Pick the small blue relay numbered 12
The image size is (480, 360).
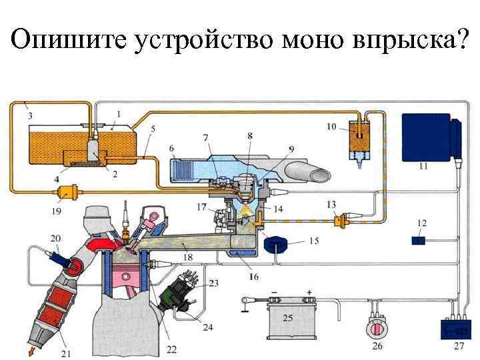[x=418, y=239]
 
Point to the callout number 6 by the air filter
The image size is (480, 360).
[x=172, y=148]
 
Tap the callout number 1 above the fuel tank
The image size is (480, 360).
[x=119, y=113]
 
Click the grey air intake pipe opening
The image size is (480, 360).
[x=319, y=175]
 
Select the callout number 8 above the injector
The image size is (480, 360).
[x=250, y=135]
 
